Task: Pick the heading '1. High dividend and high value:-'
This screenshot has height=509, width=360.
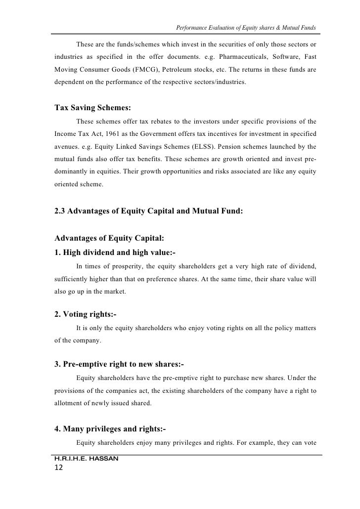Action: coord(115,252)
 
